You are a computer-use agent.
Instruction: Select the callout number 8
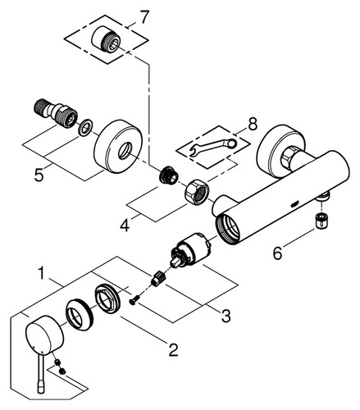pos(252,124)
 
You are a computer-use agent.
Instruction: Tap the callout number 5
pos(39,174)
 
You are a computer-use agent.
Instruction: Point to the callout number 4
pos(125,225)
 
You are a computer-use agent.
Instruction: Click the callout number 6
pos(277,253)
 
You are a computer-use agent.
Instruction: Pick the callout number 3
pos(226,316)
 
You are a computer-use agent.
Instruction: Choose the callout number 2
pos(173,349)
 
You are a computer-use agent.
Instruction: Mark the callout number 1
pos(41,273)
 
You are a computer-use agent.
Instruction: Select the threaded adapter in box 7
pos(106,39)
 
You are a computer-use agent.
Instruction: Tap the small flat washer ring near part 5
pos(85,127)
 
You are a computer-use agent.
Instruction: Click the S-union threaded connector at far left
pos(57,112)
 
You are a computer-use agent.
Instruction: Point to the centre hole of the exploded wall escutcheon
pos(125,151)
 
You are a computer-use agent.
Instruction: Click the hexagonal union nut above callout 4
pos(196,192)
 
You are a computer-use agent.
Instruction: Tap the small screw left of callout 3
pos(134,301)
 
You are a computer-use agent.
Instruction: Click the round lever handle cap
pos(44,335)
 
